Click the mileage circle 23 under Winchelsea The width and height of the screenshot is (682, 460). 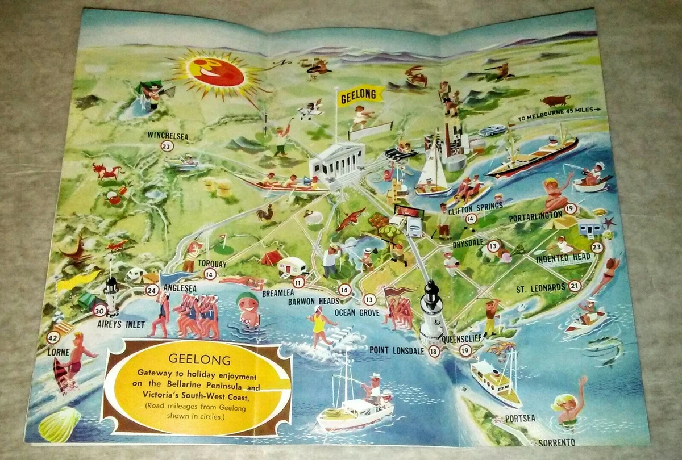click(167, 146)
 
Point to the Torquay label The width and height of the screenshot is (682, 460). click(212, 264)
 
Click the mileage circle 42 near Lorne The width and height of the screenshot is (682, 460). click(53, 337)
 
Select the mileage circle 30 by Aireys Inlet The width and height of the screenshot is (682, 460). click(100, 311)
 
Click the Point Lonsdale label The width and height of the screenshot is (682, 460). click(396, 350)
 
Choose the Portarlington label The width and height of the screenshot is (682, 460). click(535, 216)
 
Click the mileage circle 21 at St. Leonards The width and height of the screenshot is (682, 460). click(575, 286)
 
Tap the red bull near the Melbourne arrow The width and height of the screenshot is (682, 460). click(555, 101)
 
